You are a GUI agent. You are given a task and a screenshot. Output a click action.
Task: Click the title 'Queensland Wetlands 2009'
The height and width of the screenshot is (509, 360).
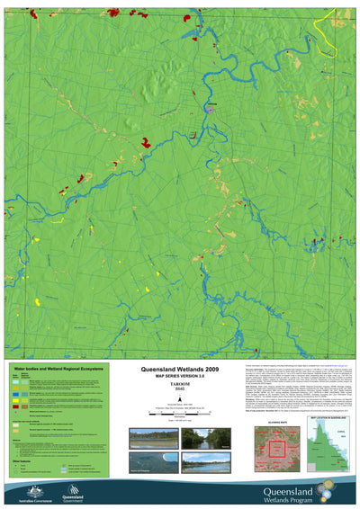(x=180, y=370)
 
